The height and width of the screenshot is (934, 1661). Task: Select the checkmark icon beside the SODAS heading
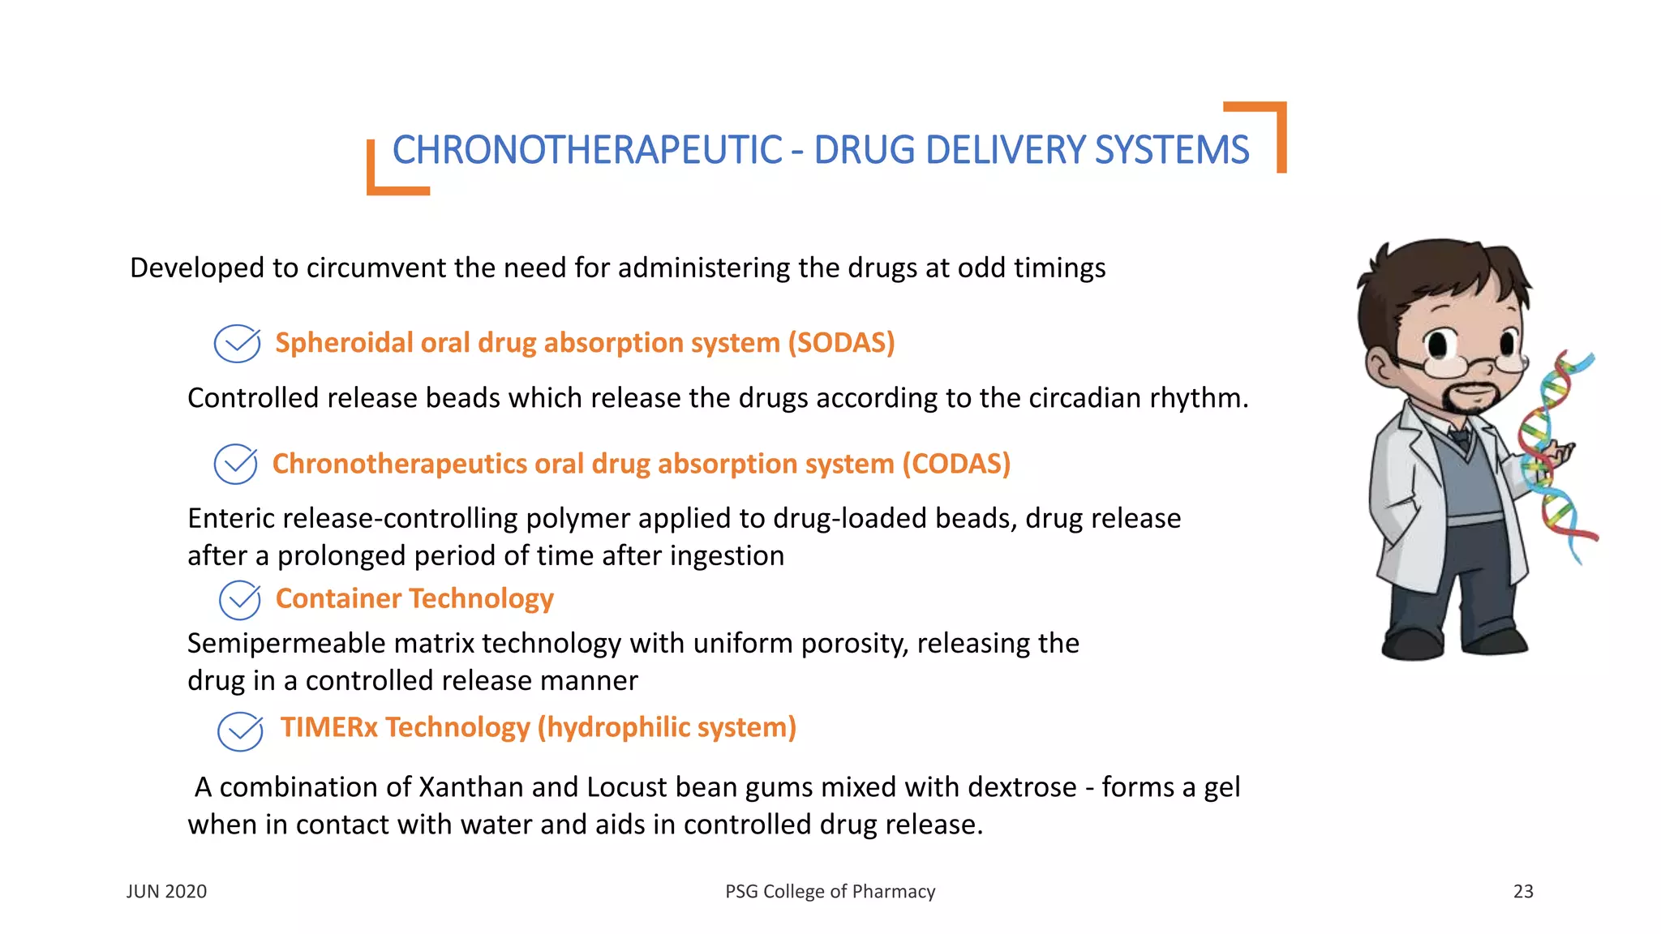point(237,344)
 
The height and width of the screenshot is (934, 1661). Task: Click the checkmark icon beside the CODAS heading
point(236,465)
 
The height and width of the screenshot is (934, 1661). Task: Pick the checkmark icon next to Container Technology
point(240,600)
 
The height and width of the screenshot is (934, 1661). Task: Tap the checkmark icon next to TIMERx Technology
point(240,730)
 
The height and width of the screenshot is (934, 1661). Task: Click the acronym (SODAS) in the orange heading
point(841,343)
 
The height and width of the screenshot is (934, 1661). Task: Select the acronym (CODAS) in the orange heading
point(956,464)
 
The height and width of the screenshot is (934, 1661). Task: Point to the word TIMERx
point(329,727)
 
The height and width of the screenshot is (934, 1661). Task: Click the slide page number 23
point(1523,891)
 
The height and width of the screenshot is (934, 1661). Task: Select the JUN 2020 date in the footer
point(166,891)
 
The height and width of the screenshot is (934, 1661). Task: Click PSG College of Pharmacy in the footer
point(830,891)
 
